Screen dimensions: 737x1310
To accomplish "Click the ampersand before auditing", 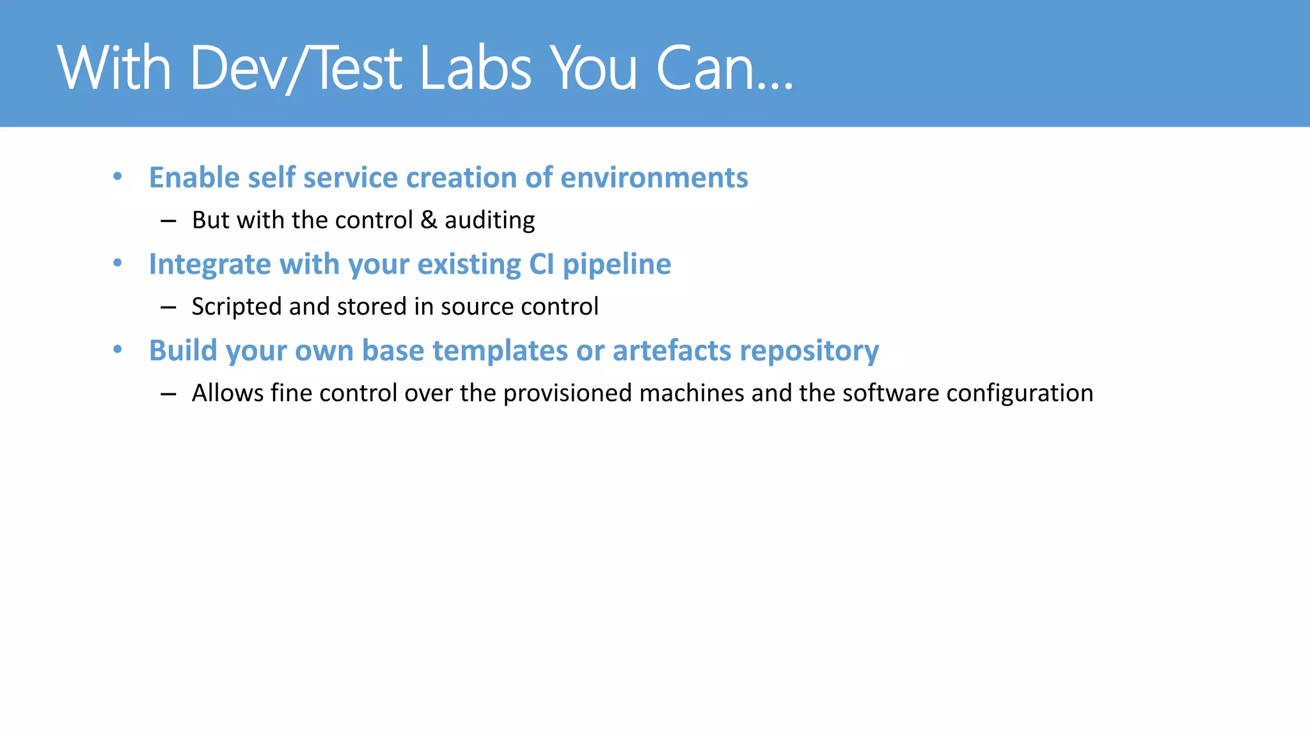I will [x=429, y=220].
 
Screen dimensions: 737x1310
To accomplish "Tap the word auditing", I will [x=489, y=220].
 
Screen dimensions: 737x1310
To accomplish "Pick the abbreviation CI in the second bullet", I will [x=541, y=264].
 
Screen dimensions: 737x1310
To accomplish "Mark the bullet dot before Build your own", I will [x=118, y=349].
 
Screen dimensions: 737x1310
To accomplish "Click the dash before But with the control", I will [x=168, y=221].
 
